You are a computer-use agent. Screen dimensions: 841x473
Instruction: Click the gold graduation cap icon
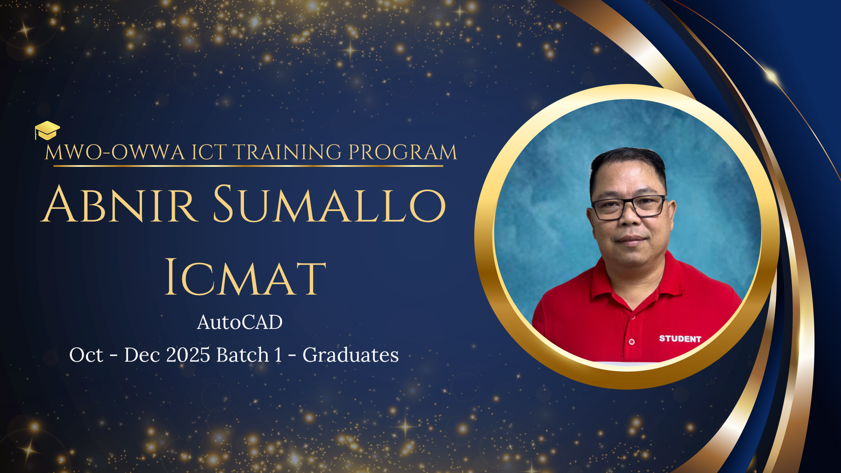click(x=47, y=130)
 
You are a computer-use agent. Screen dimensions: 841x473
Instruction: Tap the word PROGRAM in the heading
click(x=403, y=152)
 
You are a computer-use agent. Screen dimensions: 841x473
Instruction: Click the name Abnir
click(x=119, y=204)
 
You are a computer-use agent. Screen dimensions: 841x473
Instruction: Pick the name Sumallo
click(x=329, y=204)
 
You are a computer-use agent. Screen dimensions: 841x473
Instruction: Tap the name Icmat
click(x=245, y=276)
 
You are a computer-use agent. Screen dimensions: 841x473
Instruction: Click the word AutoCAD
click(x=240, y=322)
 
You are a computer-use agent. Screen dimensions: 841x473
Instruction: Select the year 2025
click(x=188, y=355)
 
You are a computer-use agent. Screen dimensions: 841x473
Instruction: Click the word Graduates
click(x=351, y=355)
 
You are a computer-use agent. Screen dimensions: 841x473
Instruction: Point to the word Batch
click(x=243, y=355)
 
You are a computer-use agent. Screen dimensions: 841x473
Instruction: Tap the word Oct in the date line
click(x=86, y=355)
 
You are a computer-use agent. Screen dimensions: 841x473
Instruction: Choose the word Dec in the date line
click(x=142, y=355)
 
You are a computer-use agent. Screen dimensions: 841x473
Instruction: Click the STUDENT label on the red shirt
click(x=680, y=339)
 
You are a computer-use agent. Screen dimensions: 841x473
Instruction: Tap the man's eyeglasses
click(x=628, y=207)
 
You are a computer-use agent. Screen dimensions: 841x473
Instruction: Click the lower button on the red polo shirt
click(x=631, y=342)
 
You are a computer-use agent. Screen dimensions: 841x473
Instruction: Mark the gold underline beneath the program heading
click(x=248, y=166)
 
